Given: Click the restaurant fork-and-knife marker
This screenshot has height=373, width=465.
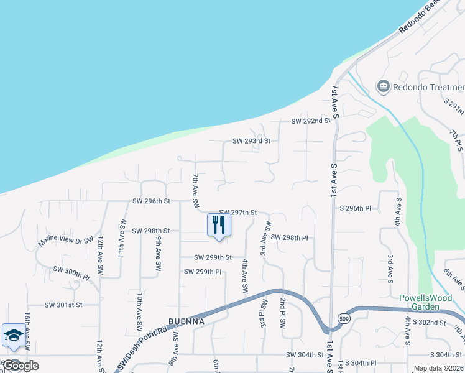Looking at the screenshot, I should [x=218, y=225].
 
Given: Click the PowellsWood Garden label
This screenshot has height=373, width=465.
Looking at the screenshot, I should [x=425, y=302].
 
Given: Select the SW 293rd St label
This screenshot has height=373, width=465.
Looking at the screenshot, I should [x=252, y=141].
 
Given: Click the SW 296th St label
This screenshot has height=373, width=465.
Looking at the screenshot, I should [x=151, y=201].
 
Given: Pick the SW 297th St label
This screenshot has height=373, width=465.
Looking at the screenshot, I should [x=237, y=213].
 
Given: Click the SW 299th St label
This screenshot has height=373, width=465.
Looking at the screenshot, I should [x=213, y=257].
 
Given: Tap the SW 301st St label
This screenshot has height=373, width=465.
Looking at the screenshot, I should [x=63, y=305].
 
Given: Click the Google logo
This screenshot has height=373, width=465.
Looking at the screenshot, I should [x=21, y=366].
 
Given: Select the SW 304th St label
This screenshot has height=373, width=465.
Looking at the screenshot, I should [x=305, y=354].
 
